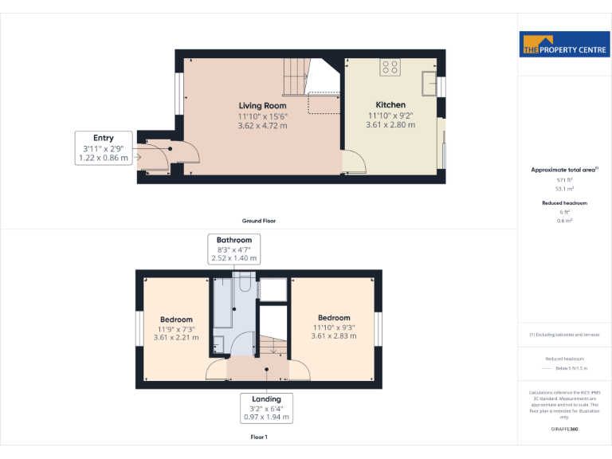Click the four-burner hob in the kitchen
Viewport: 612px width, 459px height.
point(390,67)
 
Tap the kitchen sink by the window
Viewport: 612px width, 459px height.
point(429,82)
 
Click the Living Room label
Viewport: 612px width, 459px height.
point(262,105)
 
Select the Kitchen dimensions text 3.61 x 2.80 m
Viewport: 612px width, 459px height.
point(390,125)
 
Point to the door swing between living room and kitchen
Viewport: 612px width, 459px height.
point(355,163)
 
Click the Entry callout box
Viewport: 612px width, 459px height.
point(103,148)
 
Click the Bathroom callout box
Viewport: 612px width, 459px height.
point(234,249)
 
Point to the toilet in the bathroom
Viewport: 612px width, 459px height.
point(221,343)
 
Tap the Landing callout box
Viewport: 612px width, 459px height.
point(266,407)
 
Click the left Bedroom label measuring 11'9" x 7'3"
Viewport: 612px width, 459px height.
point(176,320)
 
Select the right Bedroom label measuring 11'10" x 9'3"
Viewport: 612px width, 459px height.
point(333,318)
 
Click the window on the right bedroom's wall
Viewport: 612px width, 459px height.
point(379,328)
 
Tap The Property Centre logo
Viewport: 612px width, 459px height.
point(564,45)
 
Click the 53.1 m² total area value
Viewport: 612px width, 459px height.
point(564,190)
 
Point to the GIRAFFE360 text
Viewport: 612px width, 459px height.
point(564,430)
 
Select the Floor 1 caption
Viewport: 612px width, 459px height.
point(259,437)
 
